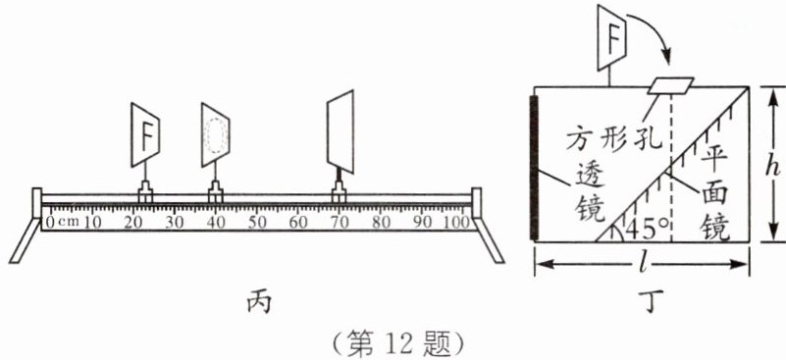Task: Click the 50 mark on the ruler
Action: [257, 222]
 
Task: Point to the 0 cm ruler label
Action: [62, 222]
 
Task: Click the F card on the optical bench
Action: [145, 134]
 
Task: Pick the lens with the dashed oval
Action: [216, 134]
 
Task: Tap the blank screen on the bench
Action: [341, 131]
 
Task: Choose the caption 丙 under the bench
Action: [259, 302]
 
